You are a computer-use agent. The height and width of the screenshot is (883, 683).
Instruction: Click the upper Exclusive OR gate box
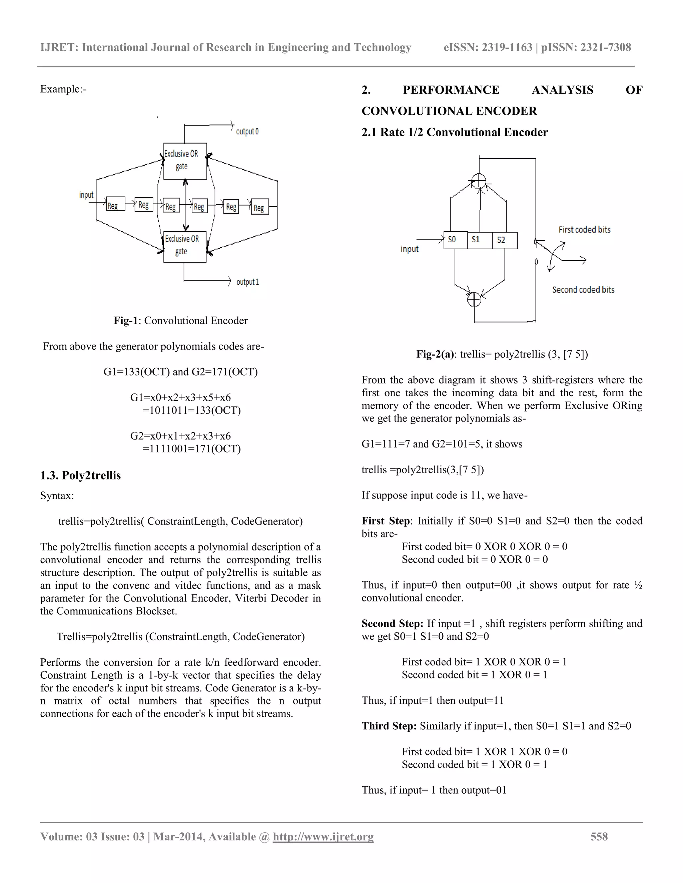point(185,161)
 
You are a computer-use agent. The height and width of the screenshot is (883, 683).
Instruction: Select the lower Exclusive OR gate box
point(185,246)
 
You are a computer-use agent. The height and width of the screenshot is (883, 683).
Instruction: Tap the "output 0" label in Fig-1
point(247,131)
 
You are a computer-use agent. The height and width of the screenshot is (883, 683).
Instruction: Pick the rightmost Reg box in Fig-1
point(259,207)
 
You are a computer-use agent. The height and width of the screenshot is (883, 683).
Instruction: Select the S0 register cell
point(455,240)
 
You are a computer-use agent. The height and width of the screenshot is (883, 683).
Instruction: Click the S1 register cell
point(480,240)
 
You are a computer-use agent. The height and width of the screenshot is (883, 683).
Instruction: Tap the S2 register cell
point(505,240)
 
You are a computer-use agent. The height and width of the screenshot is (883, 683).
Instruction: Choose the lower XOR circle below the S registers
point(474,300)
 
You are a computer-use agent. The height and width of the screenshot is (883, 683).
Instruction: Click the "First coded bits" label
point(584,230)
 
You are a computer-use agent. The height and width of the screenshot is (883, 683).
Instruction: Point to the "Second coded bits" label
point(583,290)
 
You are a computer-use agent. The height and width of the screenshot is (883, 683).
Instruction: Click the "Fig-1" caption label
point(125,321)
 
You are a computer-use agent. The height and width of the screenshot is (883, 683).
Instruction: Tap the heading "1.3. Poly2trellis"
point(80,475)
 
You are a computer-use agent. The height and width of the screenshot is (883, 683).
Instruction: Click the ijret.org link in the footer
point(323,836)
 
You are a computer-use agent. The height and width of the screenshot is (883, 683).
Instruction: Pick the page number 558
point(599,836)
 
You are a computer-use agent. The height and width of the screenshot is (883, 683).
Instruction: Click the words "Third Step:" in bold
point(389,726)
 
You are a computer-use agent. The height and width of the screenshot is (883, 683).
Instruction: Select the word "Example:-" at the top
point(63,89)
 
